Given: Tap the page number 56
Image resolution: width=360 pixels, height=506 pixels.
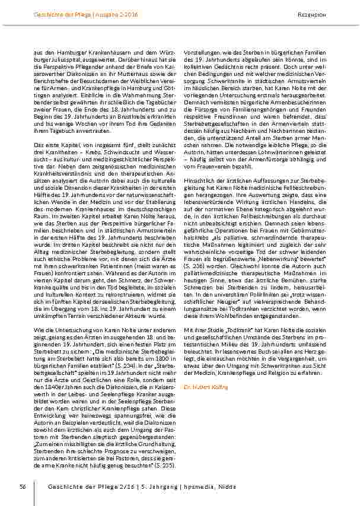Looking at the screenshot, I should [x=22, y=486].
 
